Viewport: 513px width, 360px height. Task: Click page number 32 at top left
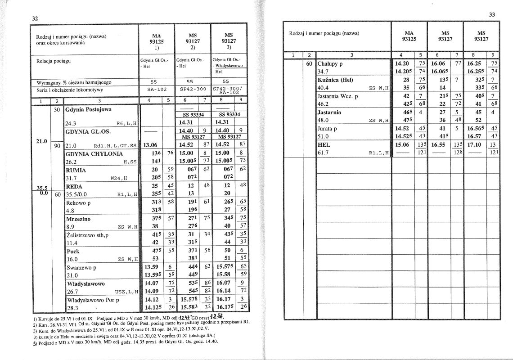tap(34, 18)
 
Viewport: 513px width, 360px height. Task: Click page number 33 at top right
tap(491, 15)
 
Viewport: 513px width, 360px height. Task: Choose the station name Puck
tap(73, 251)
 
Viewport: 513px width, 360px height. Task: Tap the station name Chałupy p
tap(330, 63)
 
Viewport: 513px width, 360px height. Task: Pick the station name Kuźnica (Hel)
tap(335, 80)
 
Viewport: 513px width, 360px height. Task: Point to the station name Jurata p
tap(328, 129)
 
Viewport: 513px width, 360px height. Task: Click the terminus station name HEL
tap(324, 145)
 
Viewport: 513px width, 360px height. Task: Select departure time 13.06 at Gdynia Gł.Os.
tap(150, 145)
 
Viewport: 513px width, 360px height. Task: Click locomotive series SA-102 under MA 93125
tap(154, 89)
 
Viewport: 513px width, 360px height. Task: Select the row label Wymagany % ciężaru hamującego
tap(74, 82)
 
